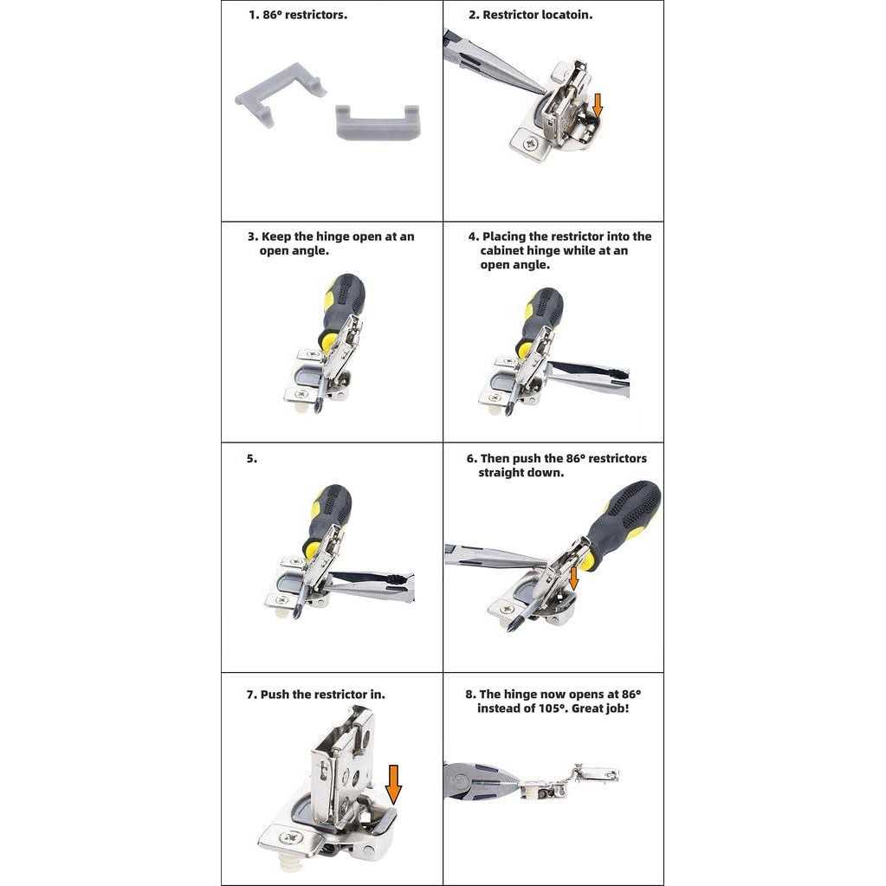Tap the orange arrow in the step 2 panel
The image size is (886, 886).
point(598,106)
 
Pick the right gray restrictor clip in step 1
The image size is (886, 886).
point(378,121)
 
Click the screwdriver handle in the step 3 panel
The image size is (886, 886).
point(342,308)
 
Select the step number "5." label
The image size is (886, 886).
point(252,459)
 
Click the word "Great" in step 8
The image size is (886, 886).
point(588,708)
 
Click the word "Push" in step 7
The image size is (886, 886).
point(275,695)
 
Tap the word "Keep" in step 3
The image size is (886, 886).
point(276,236)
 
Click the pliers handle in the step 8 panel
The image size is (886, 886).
point(475,781)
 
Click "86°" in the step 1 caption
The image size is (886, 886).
point(272,16)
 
